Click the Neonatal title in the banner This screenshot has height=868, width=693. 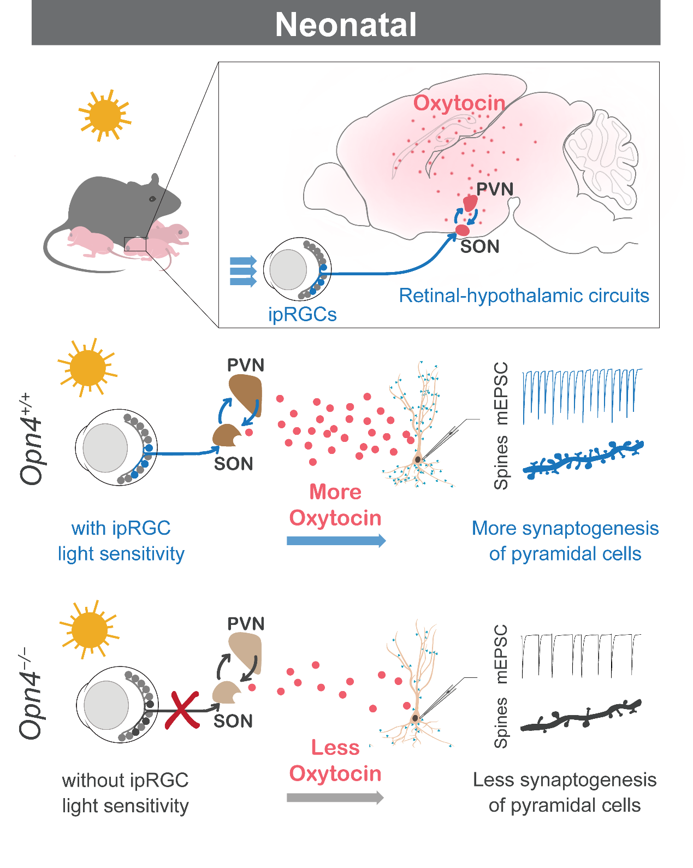(346, 25)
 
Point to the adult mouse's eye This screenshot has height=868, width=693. (152, 199)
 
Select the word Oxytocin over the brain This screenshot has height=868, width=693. (459, 103)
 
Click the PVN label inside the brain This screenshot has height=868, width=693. (495, 190)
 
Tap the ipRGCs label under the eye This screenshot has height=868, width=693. (302, 314)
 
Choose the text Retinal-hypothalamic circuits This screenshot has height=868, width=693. (524, 296)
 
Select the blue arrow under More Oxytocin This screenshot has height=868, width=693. (336, 541)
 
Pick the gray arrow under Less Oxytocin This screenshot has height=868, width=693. (335, 798)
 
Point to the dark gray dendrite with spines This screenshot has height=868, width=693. (581, 716)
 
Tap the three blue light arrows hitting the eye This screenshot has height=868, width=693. (243, 271)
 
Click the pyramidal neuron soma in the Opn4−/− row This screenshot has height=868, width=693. (415, 718)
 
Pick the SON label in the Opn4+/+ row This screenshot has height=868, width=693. (233, 464)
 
